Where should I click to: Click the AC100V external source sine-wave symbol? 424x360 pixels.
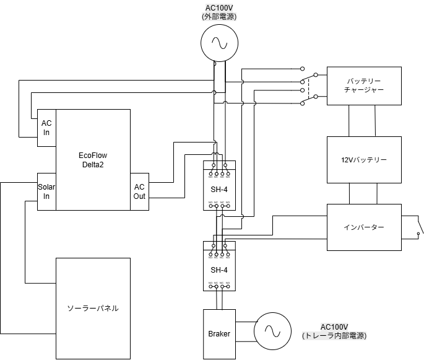point(219,43)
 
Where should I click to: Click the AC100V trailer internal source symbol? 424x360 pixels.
point(272,329)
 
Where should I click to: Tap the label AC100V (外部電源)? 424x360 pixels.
point(219,12)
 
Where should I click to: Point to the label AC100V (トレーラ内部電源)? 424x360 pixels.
point(334,331)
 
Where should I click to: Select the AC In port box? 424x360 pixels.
point(46,128)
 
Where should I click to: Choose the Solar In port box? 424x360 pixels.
point(46,191)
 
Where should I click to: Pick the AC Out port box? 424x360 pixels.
point(140,191)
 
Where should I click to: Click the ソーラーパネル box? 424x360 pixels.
point(93,308)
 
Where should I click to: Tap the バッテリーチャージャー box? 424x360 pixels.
point(364,86)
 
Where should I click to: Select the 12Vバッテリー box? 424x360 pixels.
point(364,160)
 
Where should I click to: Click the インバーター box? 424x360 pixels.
point(364,227)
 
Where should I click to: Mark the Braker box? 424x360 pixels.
point(219,334)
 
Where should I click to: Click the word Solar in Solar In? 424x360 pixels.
point(46,187)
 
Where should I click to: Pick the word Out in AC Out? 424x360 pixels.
point(140,196)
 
